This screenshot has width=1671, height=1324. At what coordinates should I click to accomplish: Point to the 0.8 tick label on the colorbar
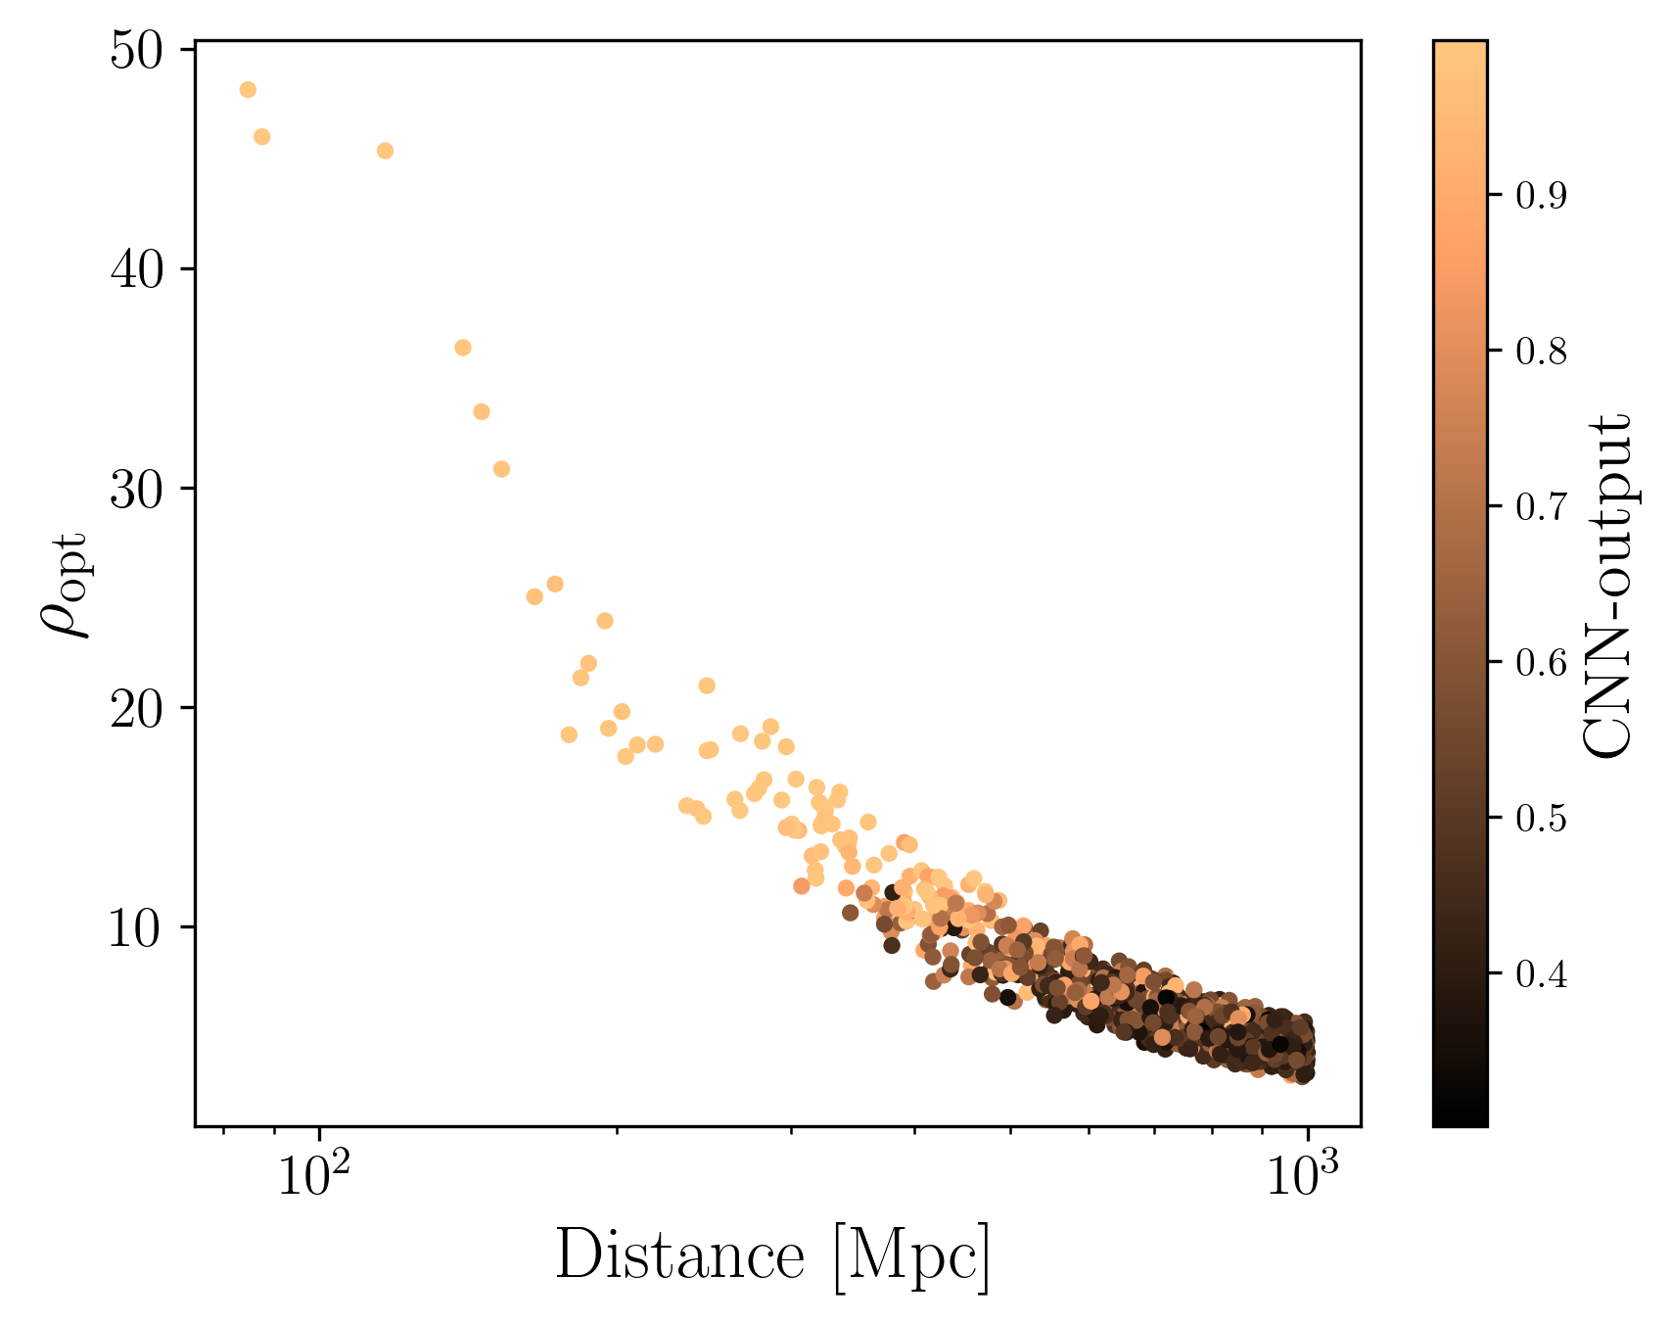point(1541,352)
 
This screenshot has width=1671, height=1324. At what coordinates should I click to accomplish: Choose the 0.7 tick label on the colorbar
point(1541,506)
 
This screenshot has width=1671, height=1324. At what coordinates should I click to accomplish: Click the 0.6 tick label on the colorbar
point(1541,662)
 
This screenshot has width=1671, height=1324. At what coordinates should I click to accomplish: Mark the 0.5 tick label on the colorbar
point(1541,818)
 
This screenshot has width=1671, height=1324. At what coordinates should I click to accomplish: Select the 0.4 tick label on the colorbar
point(1541,974)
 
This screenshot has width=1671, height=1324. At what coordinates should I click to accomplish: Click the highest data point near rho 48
point(248,90)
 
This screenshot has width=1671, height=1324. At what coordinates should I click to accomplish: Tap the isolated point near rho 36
point(463,348)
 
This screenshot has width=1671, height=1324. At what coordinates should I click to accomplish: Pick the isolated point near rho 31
point(501,469)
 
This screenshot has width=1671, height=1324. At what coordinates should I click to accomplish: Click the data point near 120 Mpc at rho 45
point(385,151)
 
